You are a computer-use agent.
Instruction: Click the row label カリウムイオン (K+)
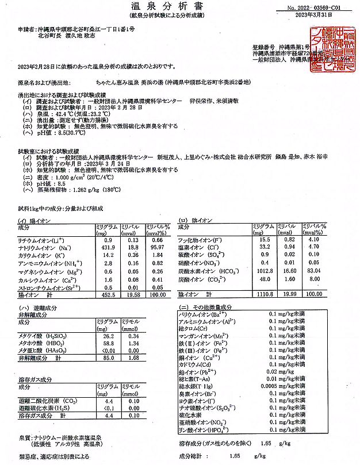pos(41,254)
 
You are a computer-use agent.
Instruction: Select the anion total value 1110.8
pos(263,293)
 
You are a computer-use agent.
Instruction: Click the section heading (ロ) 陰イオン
pos(194,220)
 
